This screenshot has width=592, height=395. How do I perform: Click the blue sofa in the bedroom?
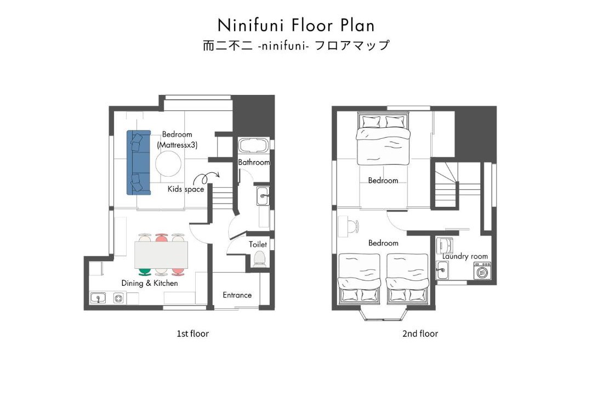pos(139,162)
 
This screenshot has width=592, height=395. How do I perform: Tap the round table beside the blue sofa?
pos(168,163)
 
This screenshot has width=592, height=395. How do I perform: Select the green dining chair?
pos(145,271)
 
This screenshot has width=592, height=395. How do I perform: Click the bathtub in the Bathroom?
pos(253,145)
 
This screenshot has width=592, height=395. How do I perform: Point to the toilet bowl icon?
pos(259,259)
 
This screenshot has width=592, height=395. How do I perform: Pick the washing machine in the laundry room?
pos(482,271)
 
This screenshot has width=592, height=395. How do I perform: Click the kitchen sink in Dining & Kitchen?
pos(98,298)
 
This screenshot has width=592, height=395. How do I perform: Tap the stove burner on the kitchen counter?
pos(119,298)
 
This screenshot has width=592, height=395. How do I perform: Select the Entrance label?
pos(237,295)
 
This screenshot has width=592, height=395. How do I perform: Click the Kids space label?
pos(186,189)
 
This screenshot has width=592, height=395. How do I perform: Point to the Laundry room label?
pos(465,256)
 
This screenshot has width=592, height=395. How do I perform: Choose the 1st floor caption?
pos(192,334)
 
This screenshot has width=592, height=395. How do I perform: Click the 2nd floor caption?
pos(420,334)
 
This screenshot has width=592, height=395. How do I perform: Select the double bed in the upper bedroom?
pos(383,139)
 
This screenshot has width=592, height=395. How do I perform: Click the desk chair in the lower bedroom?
pos(354,227)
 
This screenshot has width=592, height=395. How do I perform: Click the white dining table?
pos(161,255)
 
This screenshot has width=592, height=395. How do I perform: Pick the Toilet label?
pos(258,245)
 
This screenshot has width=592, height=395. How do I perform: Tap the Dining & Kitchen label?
pos(150,283)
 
